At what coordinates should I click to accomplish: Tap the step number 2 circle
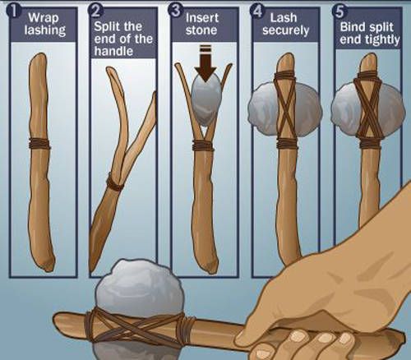95,11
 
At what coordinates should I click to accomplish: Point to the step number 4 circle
257,11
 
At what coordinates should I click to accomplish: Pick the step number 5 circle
339,11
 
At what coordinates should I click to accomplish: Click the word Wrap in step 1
44,18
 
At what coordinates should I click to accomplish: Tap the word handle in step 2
113,51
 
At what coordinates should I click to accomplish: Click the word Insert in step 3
202,18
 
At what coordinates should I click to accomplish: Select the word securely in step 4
285,30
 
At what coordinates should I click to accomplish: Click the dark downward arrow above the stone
205,63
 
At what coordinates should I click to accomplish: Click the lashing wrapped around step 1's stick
39,144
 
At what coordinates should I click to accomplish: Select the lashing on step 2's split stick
114,181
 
